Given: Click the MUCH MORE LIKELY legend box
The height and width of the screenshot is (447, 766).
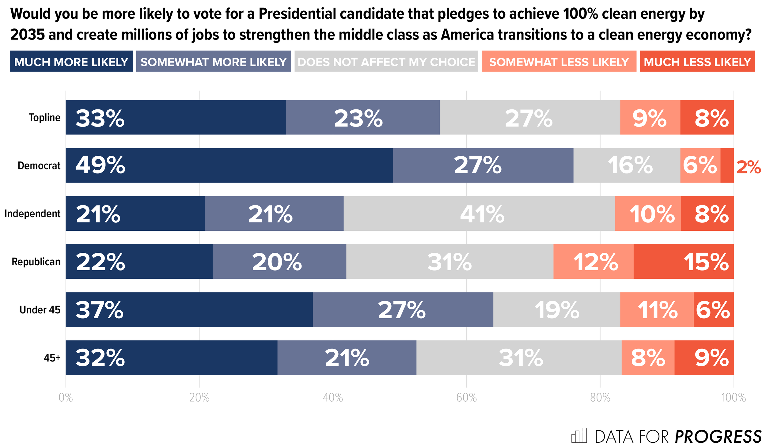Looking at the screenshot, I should point(71,61).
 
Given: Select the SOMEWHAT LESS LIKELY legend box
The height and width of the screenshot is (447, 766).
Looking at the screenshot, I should point(559,61).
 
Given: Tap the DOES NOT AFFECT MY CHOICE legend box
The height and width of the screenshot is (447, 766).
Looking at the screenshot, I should point(386,61).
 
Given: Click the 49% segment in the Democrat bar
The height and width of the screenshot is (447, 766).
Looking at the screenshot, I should point(229,165).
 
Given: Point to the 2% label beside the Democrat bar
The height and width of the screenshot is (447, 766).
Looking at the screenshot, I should point(748,167).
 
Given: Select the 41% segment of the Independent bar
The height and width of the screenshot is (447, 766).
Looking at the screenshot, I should point(479,213).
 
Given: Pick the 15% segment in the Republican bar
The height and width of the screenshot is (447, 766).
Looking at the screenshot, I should point(683,261).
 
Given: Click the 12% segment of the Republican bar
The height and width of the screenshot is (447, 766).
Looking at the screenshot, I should point(593,261).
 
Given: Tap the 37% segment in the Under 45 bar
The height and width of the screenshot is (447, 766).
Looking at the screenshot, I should point(189,309).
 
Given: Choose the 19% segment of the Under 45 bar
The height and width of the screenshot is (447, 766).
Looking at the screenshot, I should point(556,309).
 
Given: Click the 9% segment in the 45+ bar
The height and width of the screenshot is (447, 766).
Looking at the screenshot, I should point(704,358).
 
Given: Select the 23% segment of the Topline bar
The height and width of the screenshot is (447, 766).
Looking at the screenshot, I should point(363,117).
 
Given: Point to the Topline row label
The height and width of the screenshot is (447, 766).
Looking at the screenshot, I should point(45,117).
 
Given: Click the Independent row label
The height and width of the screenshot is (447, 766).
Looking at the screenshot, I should point(32,214).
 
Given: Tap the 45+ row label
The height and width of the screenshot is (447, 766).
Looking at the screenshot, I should point(52,358).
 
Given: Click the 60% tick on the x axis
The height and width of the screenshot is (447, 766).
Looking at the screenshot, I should point(466,398).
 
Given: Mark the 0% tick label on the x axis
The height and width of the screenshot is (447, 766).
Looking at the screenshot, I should point(66,398).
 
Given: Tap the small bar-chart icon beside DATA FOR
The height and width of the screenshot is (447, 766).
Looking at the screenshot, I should point(578,435).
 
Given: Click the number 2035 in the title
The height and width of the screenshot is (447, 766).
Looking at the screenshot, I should point(28,35).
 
